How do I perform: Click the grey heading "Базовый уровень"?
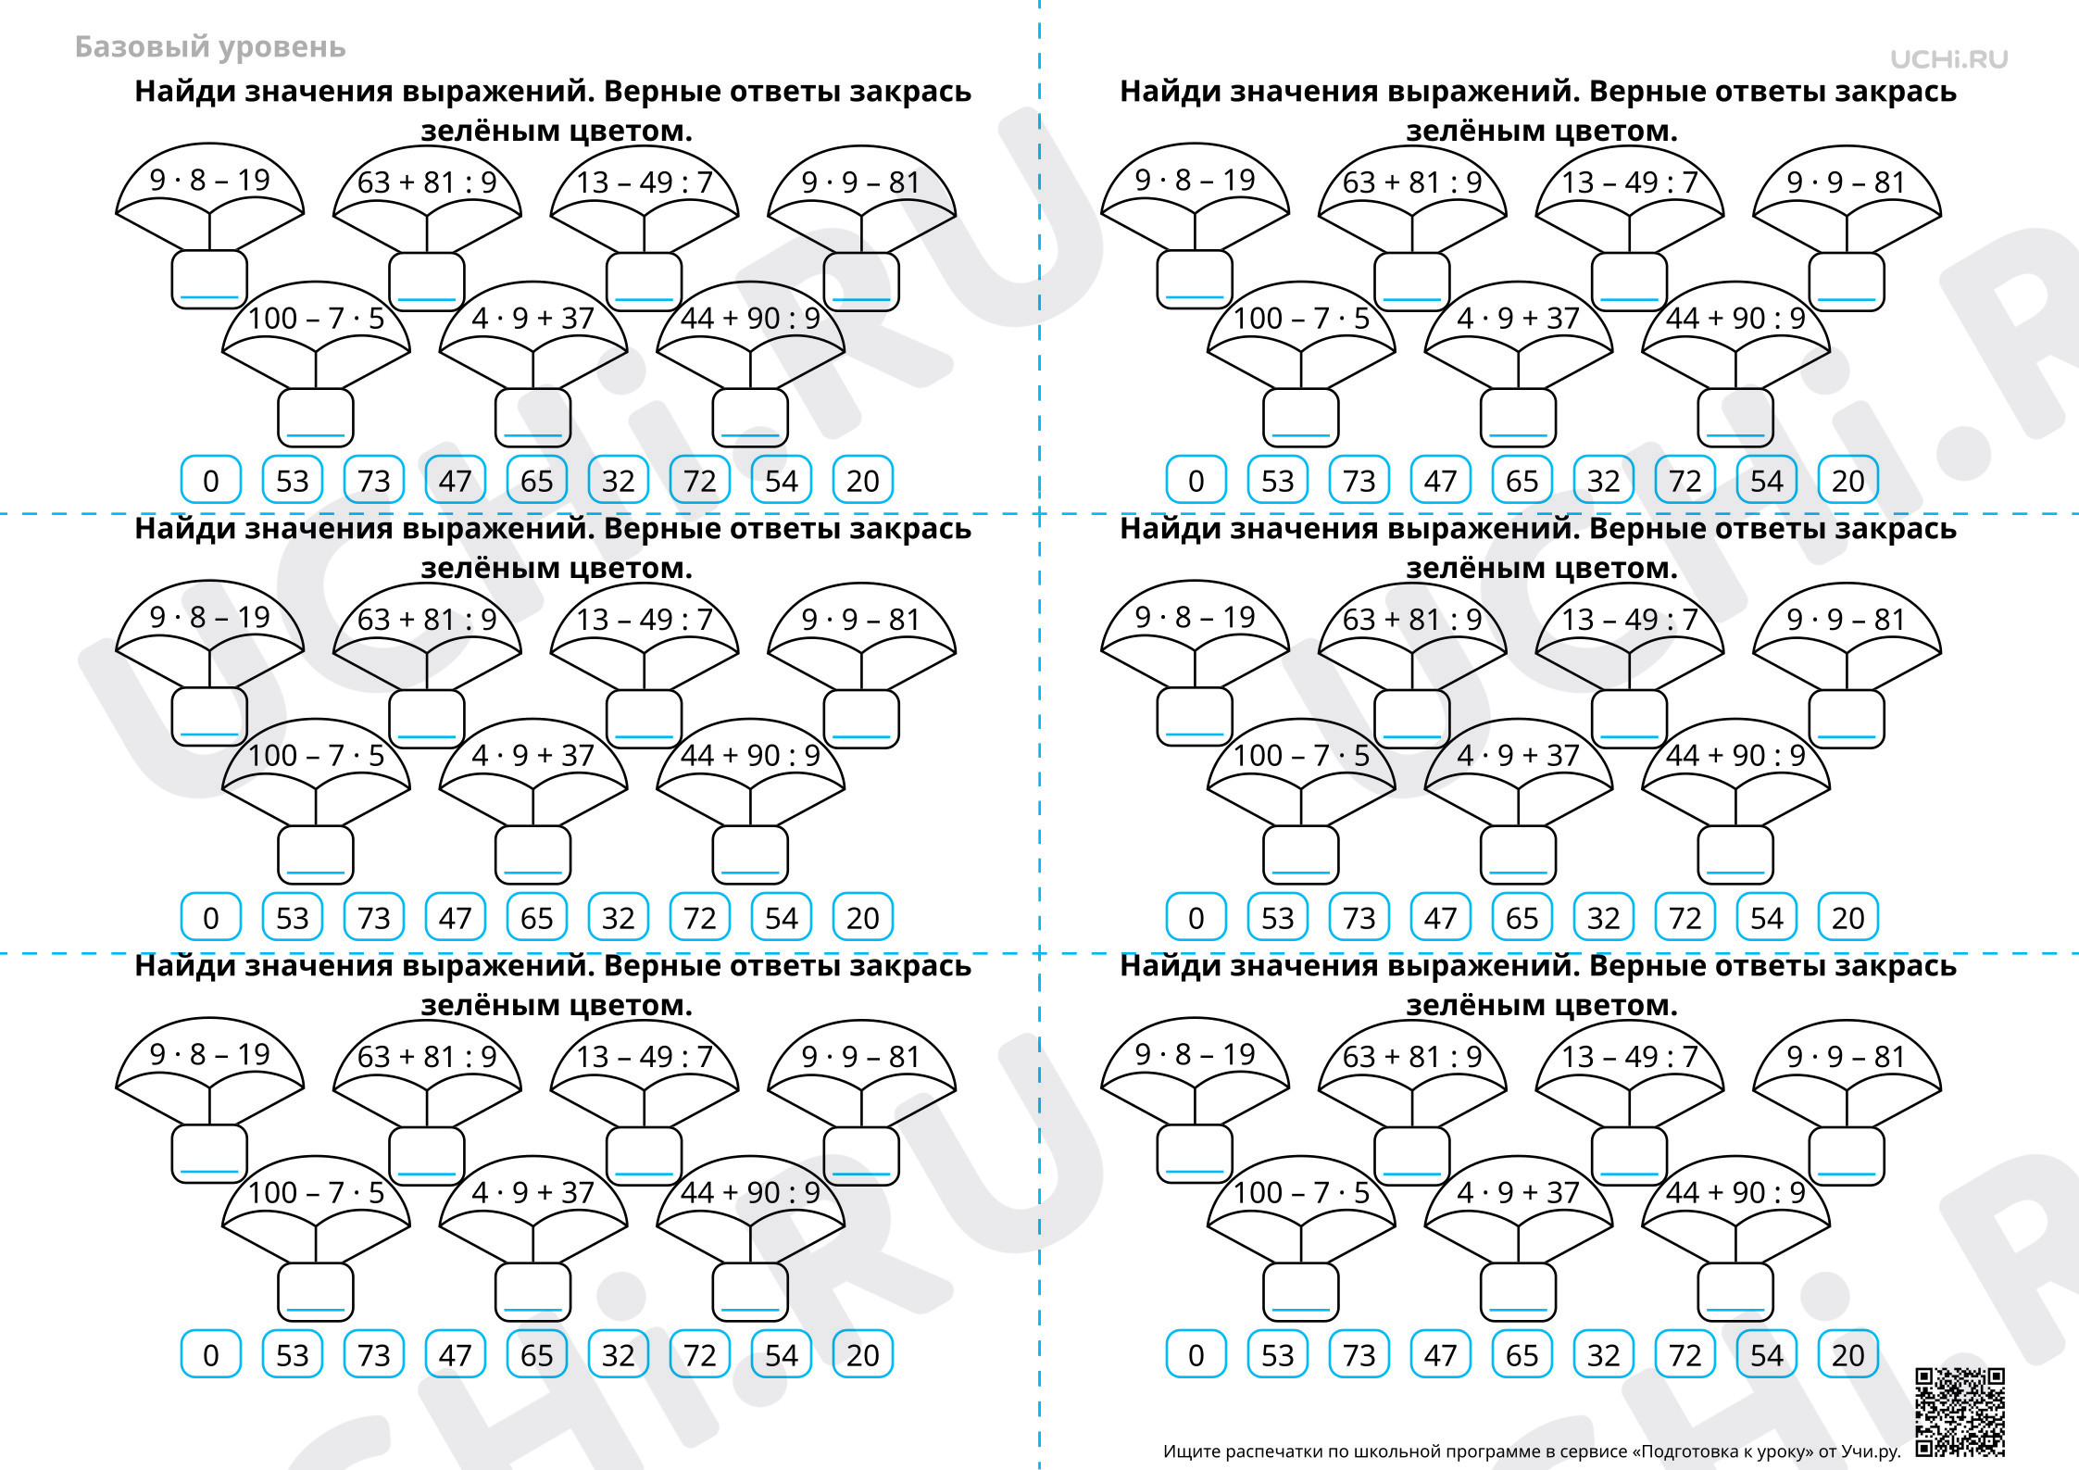[x=210, y=47]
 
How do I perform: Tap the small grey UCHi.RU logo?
[x=1949, y=59]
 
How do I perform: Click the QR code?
[x=1960, y=1412]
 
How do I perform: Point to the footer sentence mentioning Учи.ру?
[x=1532, y=1451]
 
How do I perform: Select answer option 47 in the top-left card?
[x=456, y=480]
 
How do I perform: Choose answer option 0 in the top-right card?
[x=1196, y=480]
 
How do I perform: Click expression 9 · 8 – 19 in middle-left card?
[x=210, y=617]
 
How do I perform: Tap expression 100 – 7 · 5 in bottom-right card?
[x=1301, y=1193]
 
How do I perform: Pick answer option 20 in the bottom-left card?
[x=863, y=1354]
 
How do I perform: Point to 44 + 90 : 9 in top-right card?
[x=1736, y=319]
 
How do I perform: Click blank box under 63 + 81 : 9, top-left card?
[x=427, y=282]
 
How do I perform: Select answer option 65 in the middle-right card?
[x=1522, y=917]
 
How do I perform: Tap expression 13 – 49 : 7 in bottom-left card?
[x=645, y=1057]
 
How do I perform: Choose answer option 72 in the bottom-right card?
[x=1685, y=1354]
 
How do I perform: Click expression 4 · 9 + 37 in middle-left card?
[x=533, y=756]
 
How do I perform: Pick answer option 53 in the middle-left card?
[x=293, y=917]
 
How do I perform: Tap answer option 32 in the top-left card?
[x=619, y=480]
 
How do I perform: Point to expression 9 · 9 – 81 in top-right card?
[x=1847, y=182]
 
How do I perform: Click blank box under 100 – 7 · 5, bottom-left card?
[x=316, y=1292]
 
